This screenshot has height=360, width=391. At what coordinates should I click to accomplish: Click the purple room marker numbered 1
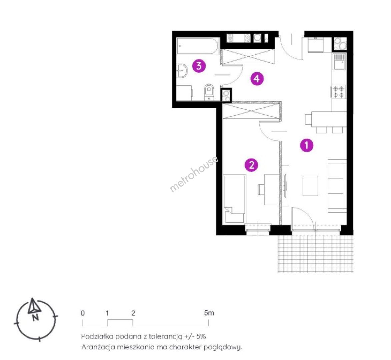(x=306, y=145)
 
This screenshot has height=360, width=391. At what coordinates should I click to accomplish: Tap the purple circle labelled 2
(x=251, y=165)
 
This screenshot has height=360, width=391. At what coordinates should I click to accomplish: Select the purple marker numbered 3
(x=199, y=66)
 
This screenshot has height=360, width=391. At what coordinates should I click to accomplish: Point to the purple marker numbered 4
(x=257, y=79)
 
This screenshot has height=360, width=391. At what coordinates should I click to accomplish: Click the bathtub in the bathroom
(x=197, y=46)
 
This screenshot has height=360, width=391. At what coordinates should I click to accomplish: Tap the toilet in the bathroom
(x=209, y=92)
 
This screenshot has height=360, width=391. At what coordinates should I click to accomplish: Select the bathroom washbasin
(x=182, y=71)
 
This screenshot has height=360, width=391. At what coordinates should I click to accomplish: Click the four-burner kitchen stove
(x=339, y=92)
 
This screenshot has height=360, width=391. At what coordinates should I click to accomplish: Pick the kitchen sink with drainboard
(x=339, y=61)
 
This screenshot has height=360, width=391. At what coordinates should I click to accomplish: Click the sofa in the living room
(x=337, y=186)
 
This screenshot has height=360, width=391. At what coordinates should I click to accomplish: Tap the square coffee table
(x=310, y=186)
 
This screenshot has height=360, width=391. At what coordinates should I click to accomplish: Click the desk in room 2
(x=271, y=190)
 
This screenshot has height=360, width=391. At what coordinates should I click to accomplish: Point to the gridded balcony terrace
(x=315, y=253)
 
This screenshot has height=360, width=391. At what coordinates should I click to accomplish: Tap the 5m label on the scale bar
(x=209, y=313)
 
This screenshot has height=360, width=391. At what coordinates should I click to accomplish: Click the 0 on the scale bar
(x=83, y=313)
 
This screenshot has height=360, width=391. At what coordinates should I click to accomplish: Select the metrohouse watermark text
(x=194, y=174)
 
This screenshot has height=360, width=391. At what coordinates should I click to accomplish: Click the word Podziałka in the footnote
(x=97, y=336)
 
